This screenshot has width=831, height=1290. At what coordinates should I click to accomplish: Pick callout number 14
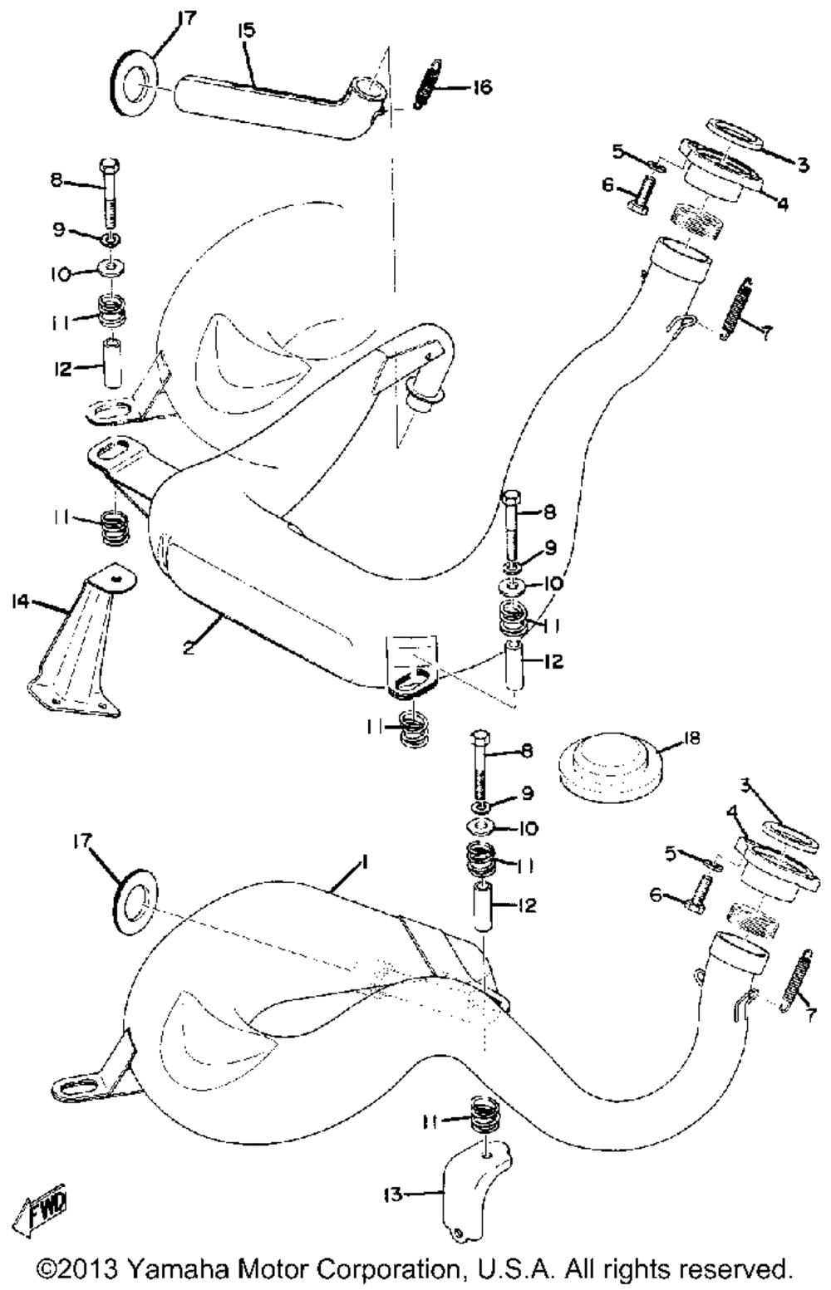[22, 602]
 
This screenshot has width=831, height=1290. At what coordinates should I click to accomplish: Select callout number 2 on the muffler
[188, 647]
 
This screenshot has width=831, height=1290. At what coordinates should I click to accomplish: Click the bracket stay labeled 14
[81, 640]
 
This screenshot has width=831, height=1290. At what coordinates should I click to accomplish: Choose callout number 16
[482, 87]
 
